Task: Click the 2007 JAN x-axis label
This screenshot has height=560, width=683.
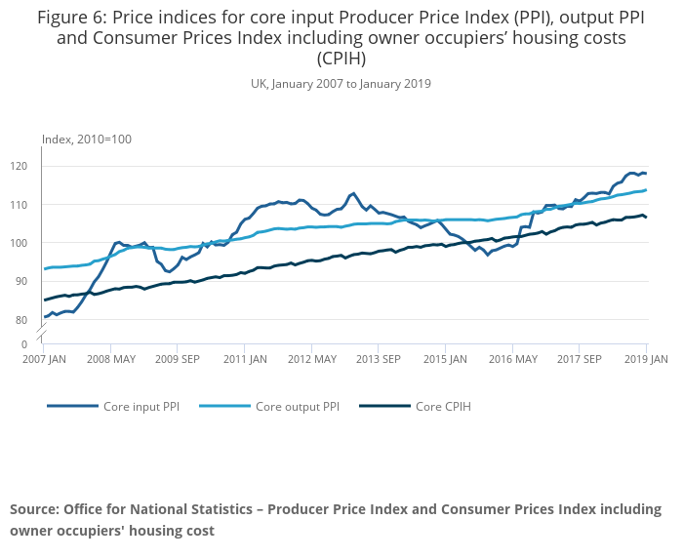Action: coord(44,359)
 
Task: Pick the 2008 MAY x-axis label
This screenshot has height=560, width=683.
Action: coord(110,359)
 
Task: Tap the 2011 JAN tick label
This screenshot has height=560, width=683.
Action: coord(245,359)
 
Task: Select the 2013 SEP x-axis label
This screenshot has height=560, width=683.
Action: coord(379,359)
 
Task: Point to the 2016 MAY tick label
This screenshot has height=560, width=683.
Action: coord(512,359)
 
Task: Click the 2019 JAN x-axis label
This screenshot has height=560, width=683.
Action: coord(645,359)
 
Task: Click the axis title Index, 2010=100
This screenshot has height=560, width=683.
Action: coord(87,140)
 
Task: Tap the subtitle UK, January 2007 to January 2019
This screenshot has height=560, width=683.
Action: coord(341,84)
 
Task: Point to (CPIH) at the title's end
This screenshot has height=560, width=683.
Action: coord(341,58)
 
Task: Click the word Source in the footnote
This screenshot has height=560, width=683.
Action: coord(34,509)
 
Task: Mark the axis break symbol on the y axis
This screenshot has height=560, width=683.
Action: coord(43,336)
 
